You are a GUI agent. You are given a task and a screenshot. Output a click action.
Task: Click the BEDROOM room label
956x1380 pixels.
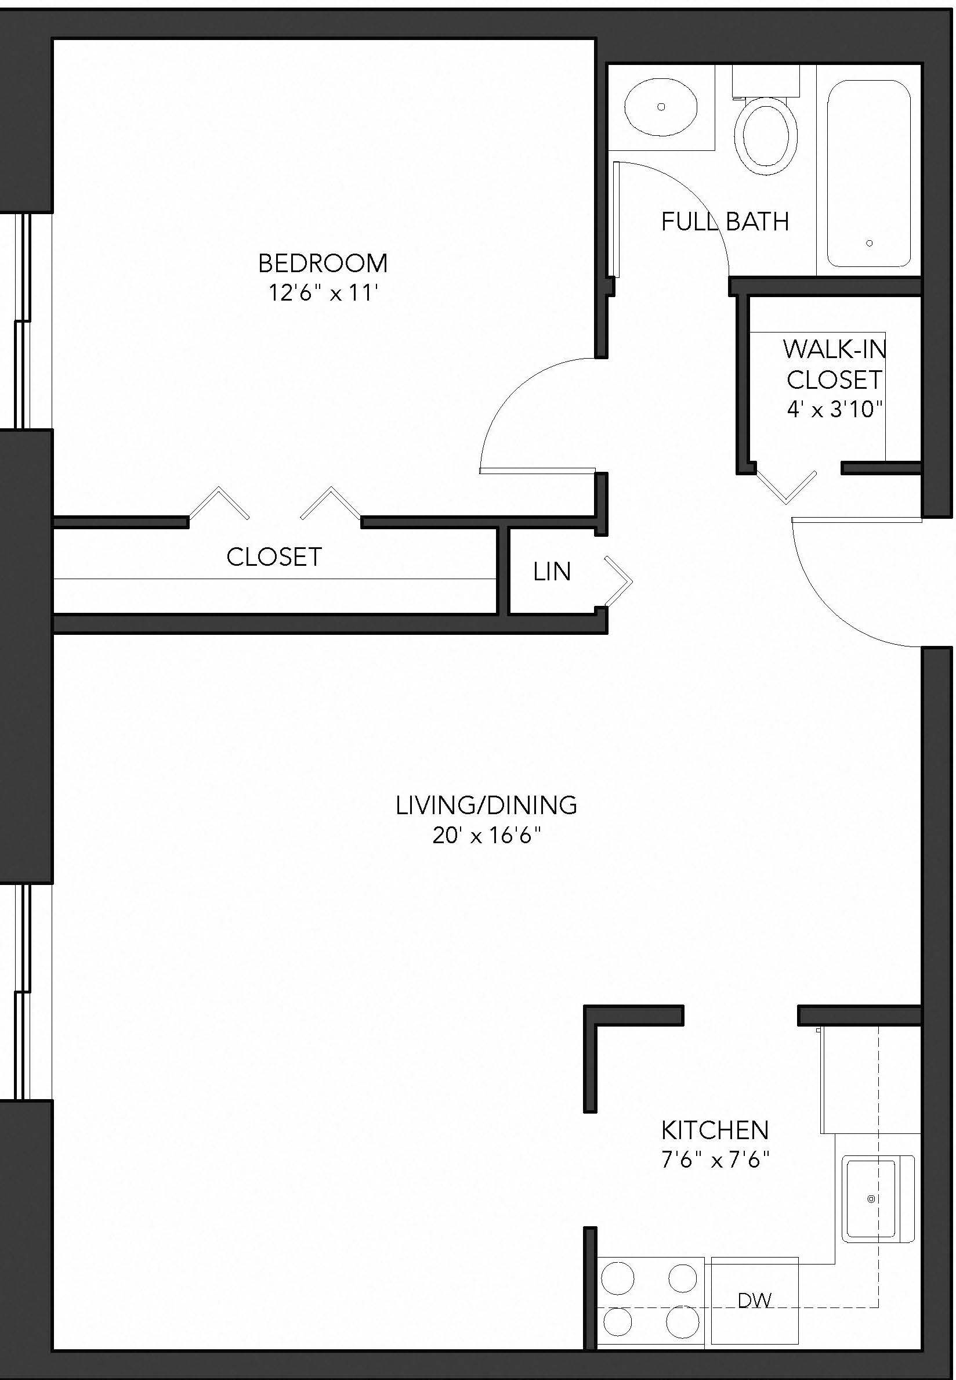tap(323, 263)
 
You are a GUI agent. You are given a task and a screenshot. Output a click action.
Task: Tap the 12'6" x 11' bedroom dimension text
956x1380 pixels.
tap(323, 293)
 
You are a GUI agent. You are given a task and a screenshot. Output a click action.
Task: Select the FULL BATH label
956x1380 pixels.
tap(725, 222)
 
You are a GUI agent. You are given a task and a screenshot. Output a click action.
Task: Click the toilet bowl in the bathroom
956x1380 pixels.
tap(766, 136)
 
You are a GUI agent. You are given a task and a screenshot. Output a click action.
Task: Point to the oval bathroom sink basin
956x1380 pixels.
tap(661, 107)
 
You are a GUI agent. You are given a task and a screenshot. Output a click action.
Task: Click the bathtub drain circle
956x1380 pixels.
tap(869, 243)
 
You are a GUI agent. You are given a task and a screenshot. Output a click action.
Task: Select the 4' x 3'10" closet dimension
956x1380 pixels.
tap(834, 409)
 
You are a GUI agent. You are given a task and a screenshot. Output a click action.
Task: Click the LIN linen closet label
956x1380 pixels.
tap(552, 572)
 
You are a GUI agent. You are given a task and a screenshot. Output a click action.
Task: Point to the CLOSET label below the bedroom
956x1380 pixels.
tap(274, 557)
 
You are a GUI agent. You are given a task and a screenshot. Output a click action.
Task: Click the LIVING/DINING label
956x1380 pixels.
tap(486, 805)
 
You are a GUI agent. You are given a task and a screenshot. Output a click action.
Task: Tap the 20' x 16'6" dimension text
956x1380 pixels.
tap(486, 834)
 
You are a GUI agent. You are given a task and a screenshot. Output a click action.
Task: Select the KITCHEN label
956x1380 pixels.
tap(715, 1130)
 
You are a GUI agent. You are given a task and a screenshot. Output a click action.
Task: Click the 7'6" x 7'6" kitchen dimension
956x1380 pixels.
tap(715, 1160)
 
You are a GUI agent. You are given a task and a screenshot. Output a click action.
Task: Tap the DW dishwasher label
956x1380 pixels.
tap(754, 1300)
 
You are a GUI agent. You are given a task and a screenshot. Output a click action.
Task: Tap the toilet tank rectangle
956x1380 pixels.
tap(766, 81)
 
